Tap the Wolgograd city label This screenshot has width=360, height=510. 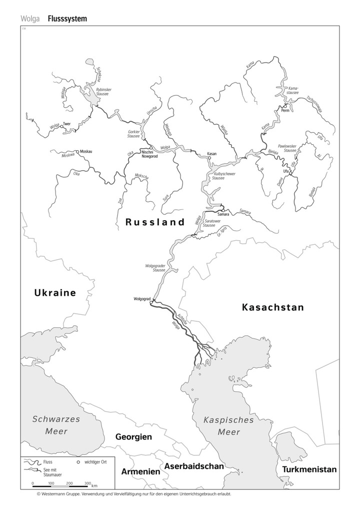[142, 299]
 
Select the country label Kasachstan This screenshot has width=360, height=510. [272, 307]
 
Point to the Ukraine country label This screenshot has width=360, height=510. [55, 293]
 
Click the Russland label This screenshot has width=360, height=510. [155, 222]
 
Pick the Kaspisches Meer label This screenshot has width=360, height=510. [228, 426]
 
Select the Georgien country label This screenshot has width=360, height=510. [133, 437]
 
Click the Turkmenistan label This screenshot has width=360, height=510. [309, 469]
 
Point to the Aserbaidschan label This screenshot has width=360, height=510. [194, 466]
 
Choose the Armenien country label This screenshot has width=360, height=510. [140, 471]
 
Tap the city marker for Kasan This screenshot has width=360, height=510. [210, 158]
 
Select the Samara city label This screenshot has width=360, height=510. [223, 214]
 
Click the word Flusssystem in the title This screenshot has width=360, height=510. [67, 19]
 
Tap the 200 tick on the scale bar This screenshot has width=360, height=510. [69, 483]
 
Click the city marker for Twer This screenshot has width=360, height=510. [61, 127]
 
